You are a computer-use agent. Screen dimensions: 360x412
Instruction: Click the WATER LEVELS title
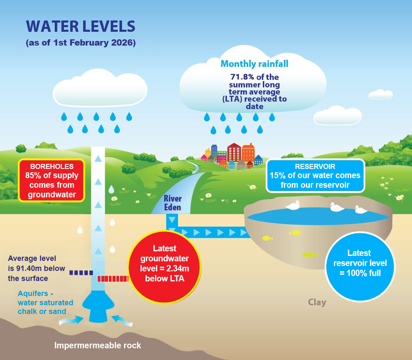click(x=81, y=26)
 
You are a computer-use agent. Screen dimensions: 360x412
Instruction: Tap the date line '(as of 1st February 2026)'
click(x=81, y=43)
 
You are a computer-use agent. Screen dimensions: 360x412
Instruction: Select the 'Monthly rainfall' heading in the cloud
click(x=254, y=64)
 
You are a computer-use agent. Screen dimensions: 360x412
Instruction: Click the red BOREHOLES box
click(x=52, y=180)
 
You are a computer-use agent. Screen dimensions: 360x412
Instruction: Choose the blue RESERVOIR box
click(x=315, y=176)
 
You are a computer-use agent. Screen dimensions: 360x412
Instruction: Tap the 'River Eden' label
click(x=173, y=202)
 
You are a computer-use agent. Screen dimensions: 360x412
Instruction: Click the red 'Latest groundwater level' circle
click(x=164, y=263)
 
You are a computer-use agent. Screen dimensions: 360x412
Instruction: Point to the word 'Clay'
click(x=317, y=302)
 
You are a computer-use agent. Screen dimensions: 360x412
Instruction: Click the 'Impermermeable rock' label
click(x=98, y=345)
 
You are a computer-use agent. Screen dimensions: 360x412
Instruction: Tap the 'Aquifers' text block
click(x=45, y=302)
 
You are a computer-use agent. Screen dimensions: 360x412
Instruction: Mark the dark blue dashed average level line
click(x=81, y=273)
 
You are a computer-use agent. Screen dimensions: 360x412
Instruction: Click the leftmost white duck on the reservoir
click(x=293, y=205)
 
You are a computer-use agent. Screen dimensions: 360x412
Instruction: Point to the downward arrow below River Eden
click(x=172, y=220)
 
